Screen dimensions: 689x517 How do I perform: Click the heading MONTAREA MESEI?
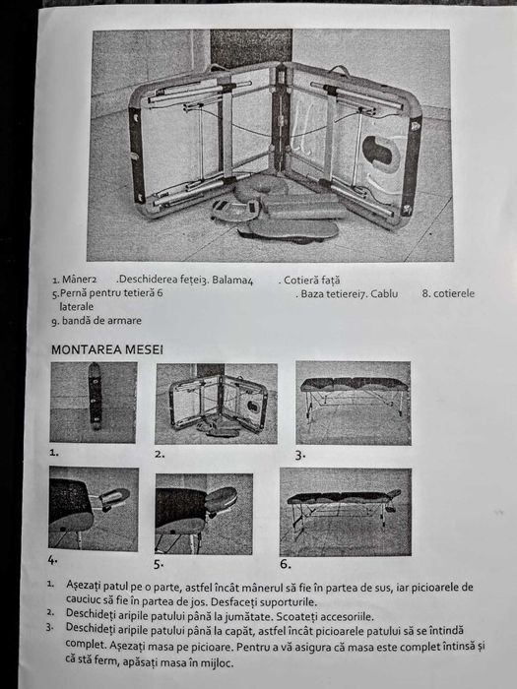107,348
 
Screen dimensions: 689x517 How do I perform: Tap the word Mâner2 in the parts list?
77,280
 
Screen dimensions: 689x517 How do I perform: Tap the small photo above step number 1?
93,403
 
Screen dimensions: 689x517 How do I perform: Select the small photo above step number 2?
216,403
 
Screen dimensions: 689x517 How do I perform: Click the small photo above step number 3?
352,403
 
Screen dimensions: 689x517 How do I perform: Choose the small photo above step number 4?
93,508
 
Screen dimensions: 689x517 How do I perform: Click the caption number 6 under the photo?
286,564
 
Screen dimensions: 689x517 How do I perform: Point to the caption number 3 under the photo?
300,456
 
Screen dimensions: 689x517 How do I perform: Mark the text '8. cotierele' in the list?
448,293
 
